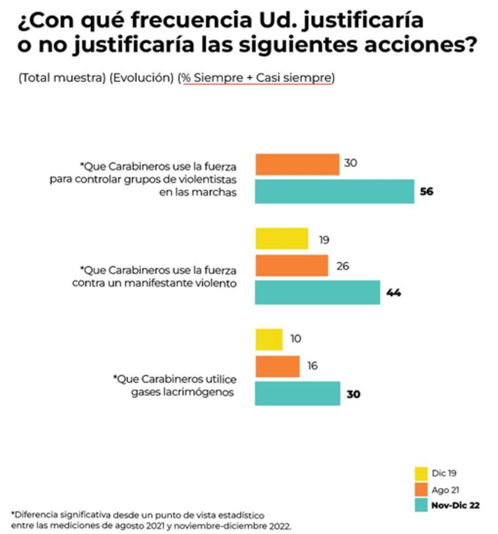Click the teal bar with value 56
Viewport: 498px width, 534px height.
[334, 191]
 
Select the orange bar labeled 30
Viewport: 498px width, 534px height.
[297, 165]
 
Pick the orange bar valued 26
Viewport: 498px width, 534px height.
[291, 266]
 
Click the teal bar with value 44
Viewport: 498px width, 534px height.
[317, 292]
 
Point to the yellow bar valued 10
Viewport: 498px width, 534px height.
[268, 340]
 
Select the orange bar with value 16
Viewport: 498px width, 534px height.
[277, 367]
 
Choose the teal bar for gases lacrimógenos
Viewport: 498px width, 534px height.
[298, 393]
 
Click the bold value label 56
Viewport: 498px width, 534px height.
[426, 192]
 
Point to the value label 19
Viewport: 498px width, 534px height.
[324, 240]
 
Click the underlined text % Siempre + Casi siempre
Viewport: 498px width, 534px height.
[256, 78]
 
